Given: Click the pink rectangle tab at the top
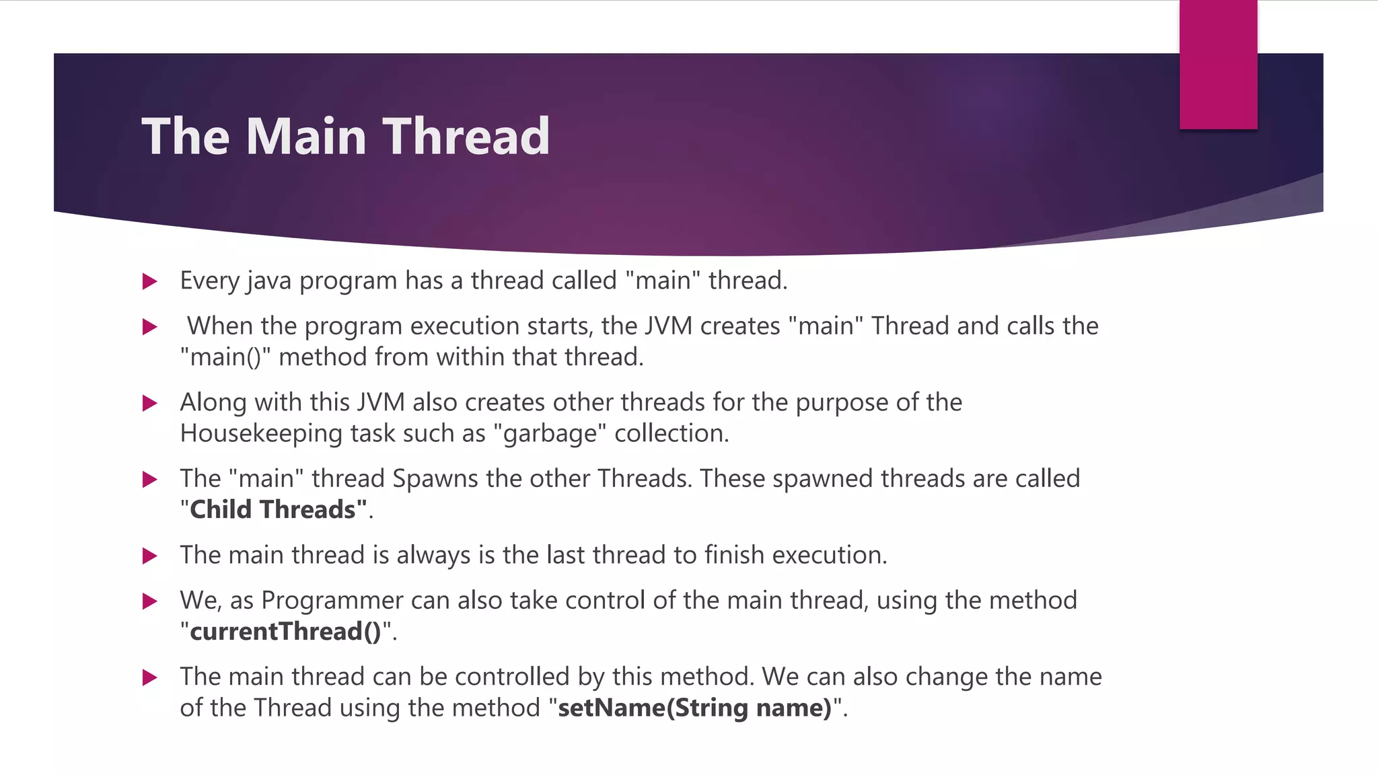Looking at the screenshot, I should point(1218,65).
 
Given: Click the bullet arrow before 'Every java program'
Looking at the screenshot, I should point(150,281).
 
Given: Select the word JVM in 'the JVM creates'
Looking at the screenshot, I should point(668,326).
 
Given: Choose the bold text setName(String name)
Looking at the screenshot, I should point(695,708).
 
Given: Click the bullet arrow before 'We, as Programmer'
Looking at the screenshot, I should point(150,601).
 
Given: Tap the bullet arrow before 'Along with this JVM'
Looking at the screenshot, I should point(150,403).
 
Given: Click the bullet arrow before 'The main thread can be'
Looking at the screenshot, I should point(150,677).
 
